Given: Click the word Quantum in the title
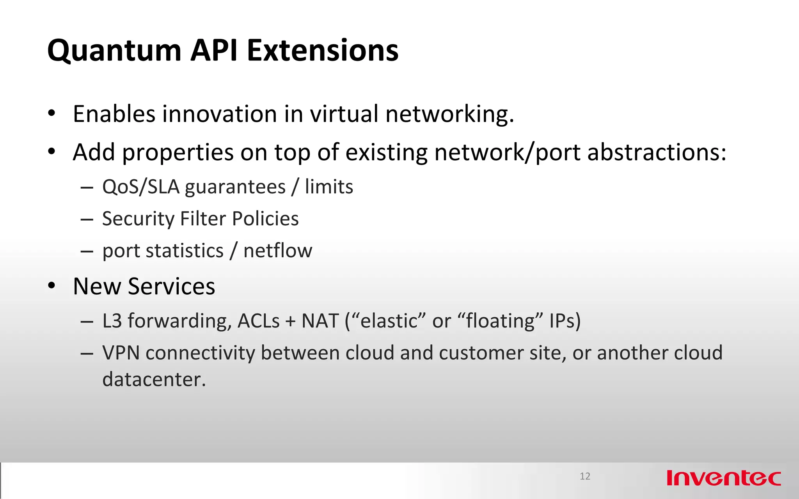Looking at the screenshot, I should pyautogui.click(x=114, y=51).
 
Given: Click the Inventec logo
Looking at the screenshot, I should pyautogui.click(x=724, y=478).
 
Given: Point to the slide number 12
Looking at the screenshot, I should pyautogui.click(x=585, y=476).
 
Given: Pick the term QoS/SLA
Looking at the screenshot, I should pyautogui.click(x=141, y=187).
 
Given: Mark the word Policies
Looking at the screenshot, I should pyautogui.click(x=265, y=218).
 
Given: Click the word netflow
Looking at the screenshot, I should pyautogui.click(x=278, y=250).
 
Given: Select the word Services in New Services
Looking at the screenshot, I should pyautogui.click(x=171, y=287).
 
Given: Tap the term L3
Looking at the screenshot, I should pyautogui.click(x=112, y=321).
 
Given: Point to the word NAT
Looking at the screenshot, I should pyautogui.click(x=320, y=321).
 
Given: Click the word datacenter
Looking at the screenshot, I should pyautogui.click(x=154, y=379).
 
